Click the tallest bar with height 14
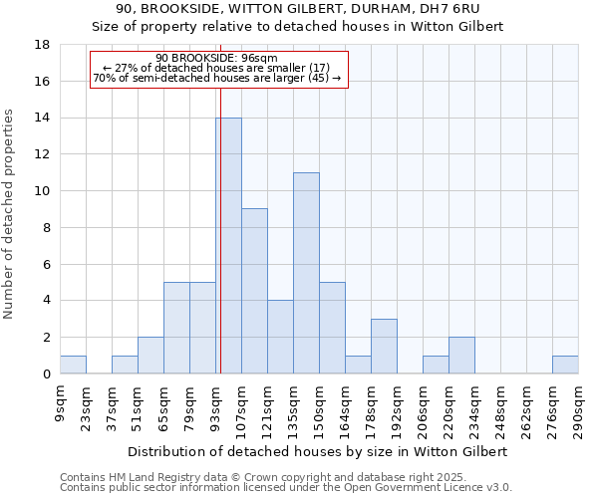pos(228,246)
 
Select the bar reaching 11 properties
pos(306,273)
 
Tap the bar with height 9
pos(254,291)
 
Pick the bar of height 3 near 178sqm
pos(384,346)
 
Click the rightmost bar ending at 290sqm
pos(565,365)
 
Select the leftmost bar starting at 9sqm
pos(73,365)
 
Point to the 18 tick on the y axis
pos(43,45)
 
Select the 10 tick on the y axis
pos(43,191)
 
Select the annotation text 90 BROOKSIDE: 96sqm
pos(216,58)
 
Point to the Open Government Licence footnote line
pos(286,488)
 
